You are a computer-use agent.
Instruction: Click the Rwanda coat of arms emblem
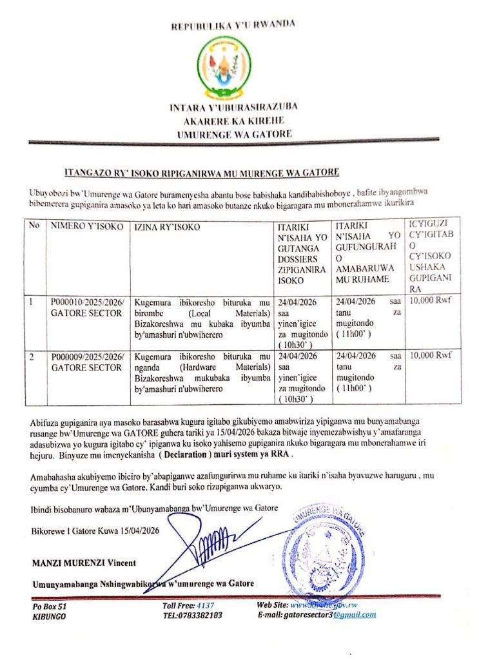pyautogui.click(x=233, y=65)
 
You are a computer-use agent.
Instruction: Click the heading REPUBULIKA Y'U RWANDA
pyautogui.click(x=233, y=26)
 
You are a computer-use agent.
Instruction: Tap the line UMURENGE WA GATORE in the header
pyautogui.click(x=234, y=134)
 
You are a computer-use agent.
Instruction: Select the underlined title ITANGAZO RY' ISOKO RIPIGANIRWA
pyautogui.click(x=202, y=173)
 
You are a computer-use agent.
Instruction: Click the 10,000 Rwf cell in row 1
pyautogui.click(x=431, y=300)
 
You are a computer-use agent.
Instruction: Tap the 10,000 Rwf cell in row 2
pyautogui.click(x=431, y=355)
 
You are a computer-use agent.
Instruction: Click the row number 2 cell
pyautogui.click(x=30, y=356)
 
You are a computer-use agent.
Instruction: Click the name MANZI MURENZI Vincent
pyautogui.click(x=84, y=563)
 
